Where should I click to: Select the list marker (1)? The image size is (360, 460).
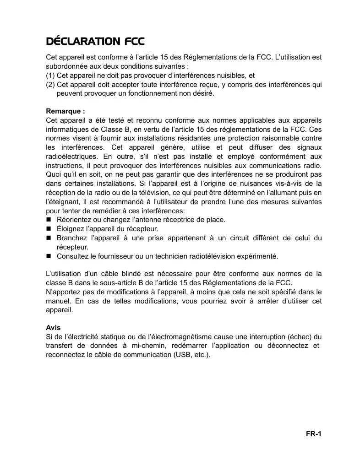coord(50,76)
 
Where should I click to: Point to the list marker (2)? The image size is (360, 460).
coord(50,85)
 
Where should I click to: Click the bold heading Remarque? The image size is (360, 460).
coord(65,111)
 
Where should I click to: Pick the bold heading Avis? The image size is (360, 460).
coord(53,328)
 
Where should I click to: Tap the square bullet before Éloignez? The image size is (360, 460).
coord(49,229)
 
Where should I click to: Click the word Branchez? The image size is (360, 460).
coord(71,238)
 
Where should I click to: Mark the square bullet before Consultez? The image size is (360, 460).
coord(49,256)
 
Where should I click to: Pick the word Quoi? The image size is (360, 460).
coord(53,174)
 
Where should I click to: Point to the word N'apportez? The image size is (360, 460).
coord(63,292)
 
